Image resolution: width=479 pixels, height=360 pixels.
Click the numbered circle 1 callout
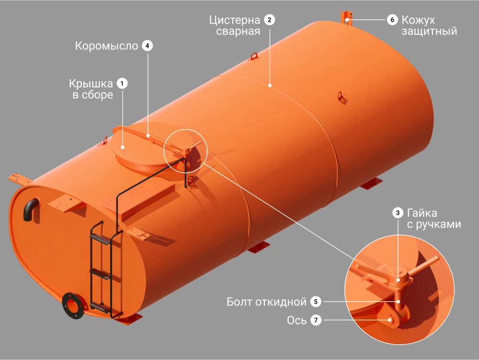click(122, 83)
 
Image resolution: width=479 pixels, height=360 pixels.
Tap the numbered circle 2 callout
click(269, 20)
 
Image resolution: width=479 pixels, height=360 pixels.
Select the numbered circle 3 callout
click(398, 213)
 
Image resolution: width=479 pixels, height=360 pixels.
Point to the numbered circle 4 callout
click(148, 46)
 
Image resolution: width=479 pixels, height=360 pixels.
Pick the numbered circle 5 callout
click(316, 302)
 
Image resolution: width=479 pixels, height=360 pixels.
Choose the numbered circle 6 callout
click(392, 20)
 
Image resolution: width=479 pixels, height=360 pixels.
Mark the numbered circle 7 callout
click(316, 320)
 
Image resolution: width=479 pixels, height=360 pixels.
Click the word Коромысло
click(107, 46)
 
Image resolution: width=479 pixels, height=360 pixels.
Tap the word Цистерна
click(235, 20)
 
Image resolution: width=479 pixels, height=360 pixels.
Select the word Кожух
click(418, 20)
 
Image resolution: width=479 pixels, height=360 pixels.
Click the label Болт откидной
click(266, 302)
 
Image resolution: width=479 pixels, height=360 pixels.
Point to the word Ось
click(297, 320)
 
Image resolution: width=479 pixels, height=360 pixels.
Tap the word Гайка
click(422, 213)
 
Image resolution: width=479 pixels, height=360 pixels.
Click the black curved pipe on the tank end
click(30, 208)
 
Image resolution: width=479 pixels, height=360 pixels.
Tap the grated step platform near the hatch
click(137, 197)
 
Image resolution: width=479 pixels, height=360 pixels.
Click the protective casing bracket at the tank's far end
click(346, 18)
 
